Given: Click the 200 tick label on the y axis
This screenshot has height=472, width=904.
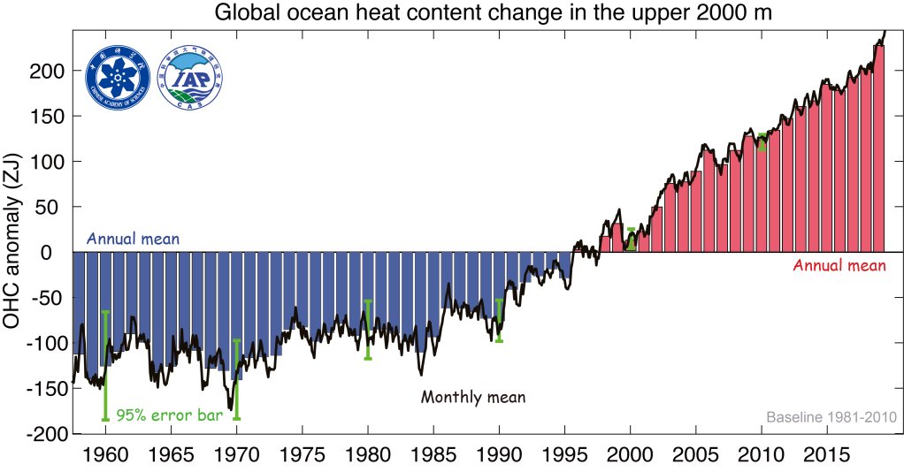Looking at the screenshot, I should tap(49, 71).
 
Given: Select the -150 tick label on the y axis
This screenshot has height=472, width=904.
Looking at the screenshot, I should tap(44, 389).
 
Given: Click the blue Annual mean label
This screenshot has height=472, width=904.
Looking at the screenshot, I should tap(133, 240).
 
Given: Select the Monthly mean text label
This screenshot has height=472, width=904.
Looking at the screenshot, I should tap(472, 397).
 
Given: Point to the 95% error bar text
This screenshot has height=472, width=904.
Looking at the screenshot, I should tap(169, 415).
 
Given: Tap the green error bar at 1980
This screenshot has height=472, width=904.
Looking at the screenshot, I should tap(368, 329).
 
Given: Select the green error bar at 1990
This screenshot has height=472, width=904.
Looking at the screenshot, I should tap(499, 320).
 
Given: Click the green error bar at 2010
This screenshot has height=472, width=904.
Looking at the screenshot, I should tap(762, 141).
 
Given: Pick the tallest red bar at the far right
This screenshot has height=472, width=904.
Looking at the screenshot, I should tap(878, 150).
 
